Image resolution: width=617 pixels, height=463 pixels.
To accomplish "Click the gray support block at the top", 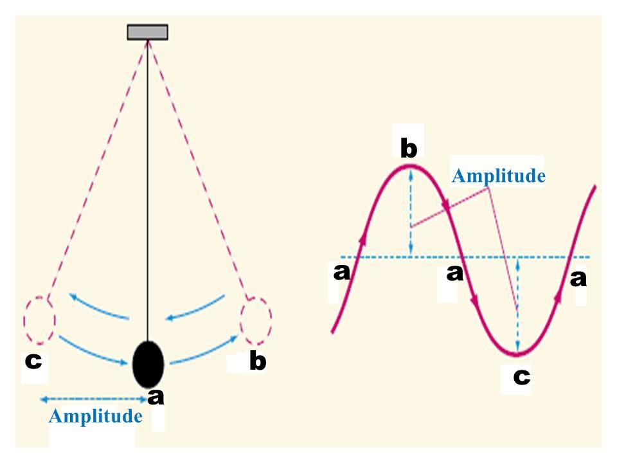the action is point(148,32).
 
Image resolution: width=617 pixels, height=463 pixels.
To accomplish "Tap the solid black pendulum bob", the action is point(148,365).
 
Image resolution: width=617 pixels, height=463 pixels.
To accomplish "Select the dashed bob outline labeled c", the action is point(39,320).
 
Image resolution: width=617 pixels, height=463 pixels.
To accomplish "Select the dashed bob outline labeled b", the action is point(256,322).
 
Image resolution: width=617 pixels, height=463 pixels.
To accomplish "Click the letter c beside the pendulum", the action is point(33,361).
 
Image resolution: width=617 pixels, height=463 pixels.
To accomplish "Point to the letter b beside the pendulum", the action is point(258,361).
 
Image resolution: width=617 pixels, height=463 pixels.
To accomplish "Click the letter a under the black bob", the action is point(156,397).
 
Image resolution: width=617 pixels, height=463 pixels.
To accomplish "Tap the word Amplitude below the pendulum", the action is point(96,416).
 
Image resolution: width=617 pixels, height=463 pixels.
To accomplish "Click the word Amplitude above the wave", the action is point(499,176).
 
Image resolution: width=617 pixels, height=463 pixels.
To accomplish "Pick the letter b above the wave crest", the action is point(409,148).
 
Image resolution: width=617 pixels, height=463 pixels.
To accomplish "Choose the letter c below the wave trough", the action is point(522,377).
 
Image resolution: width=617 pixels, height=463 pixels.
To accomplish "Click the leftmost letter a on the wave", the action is point(341,272).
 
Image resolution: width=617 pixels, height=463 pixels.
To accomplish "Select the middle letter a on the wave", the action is point(455,273).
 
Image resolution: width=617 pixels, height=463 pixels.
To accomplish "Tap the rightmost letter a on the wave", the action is point(578,278).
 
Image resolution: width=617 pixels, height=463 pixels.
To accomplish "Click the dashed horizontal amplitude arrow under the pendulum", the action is point(94,399).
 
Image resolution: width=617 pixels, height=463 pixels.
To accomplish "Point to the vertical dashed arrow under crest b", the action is point(411,211).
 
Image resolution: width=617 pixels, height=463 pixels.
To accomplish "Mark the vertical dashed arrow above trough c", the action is point(518,305).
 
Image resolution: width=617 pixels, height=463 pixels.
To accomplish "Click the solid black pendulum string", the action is point(148,190).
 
